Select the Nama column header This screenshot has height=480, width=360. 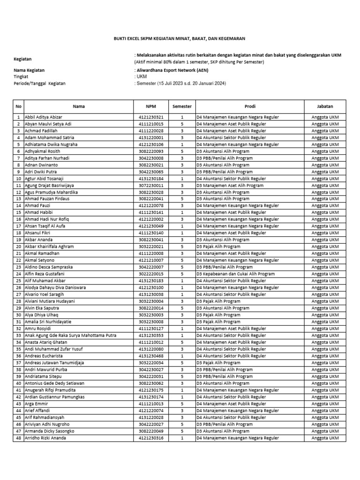[x=79, y=106]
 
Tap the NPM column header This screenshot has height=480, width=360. [x=150, y=106]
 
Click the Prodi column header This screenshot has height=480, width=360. [x=250, y=106]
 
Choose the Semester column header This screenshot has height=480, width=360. [x=182, y=106]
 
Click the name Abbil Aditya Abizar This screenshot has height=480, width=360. [x=43, y=117]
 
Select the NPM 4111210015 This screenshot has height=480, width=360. [x=151, y=124]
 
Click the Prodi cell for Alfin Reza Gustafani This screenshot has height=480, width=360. [x=235, y=274]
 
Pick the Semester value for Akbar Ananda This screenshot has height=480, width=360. [x=182, y=240]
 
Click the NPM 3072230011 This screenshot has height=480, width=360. [x=151, y=185]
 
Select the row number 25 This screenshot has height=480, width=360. [x=19, y=281]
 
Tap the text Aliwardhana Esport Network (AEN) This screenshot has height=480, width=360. [x=172, y=70]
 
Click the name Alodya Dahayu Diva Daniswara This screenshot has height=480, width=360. [x=55, y=287]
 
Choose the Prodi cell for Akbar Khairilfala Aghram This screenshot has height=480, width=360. [x=218, y=247]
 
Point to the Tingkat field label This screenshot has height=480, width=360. [x=21, y=76]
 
